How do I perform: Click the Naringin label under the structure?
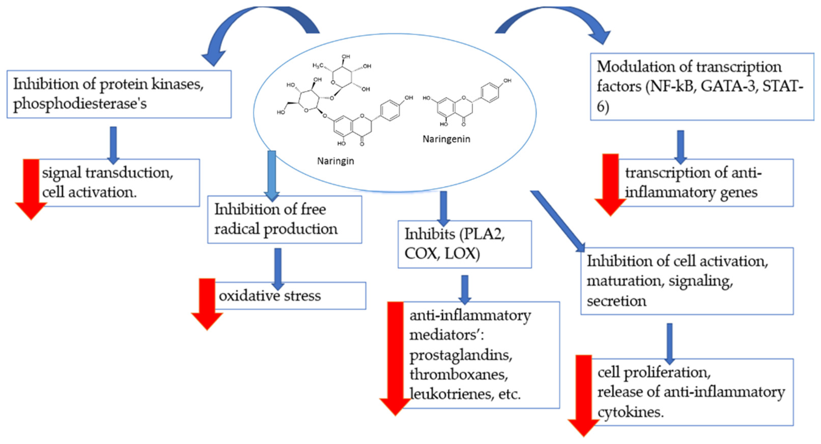pos(335,161)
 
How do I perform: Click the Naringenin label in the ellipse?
pos(446,139)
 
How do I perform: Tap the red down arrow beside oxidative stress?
pos(207,303)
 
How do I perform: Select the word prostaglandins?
pos(460,355)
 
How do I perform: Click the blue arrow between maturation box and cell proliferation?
pos(670,343)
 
